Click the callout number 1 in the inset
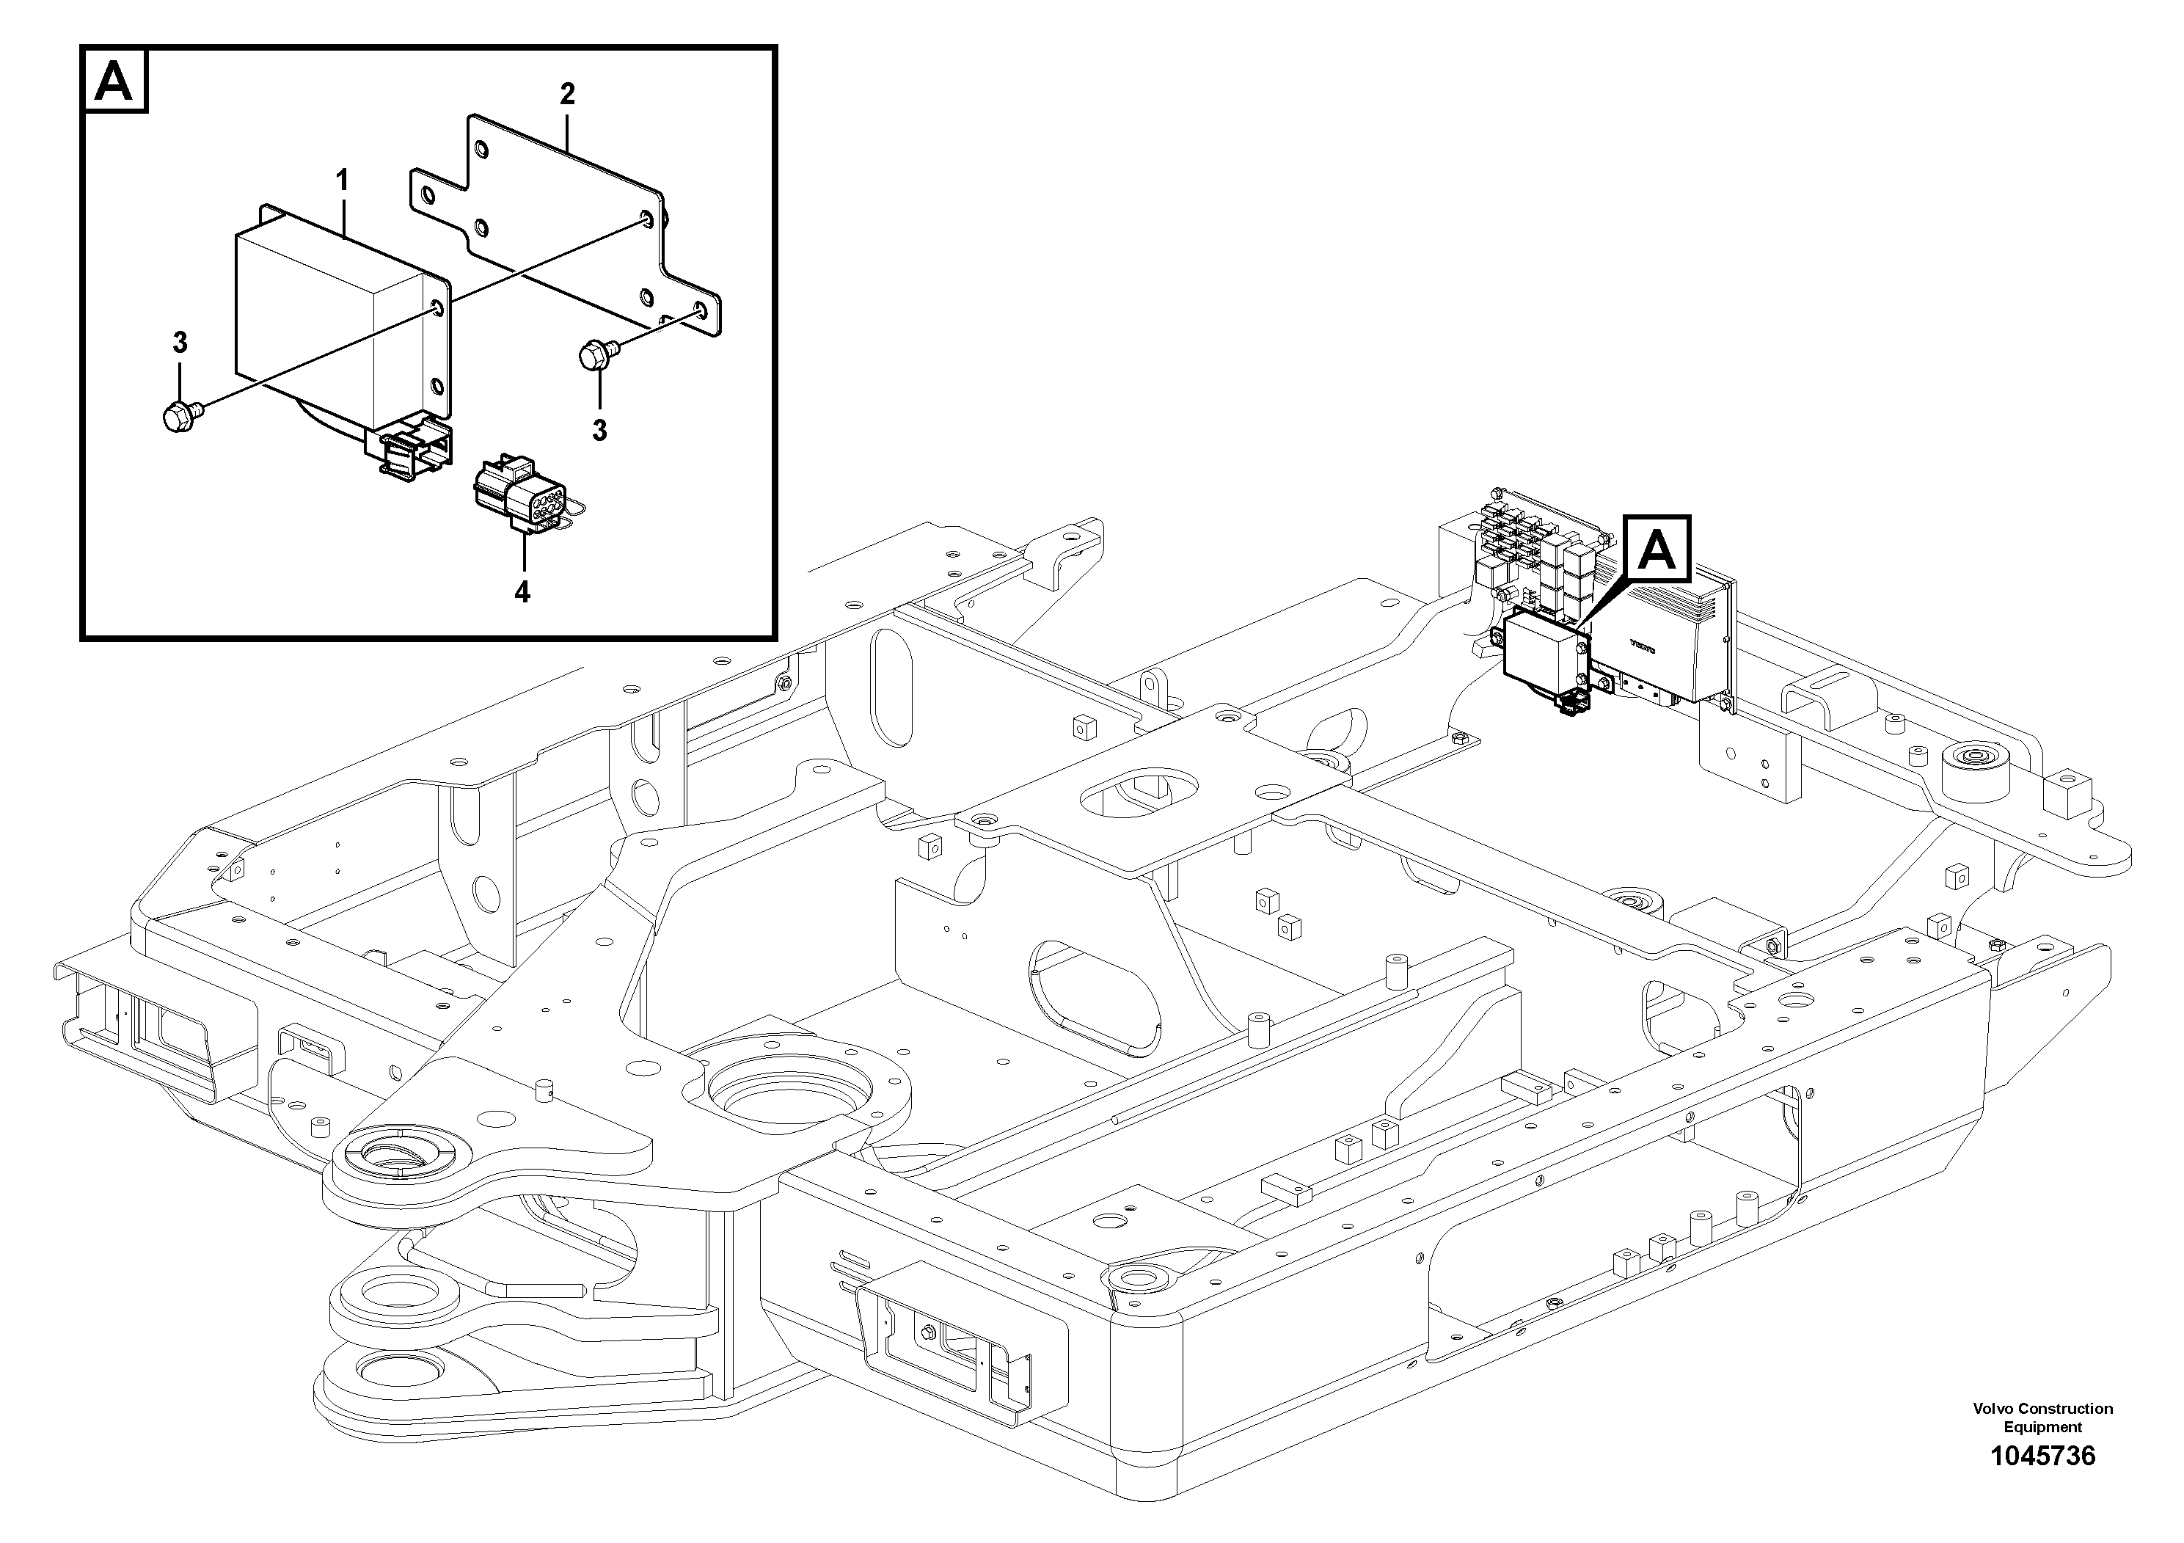coord(341,180)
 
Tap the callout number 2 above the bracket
coord(567,94)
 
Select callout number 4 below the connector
coord(522,591)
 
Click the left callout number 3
coord(180,343)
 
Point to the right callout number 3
coord(599,431)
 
